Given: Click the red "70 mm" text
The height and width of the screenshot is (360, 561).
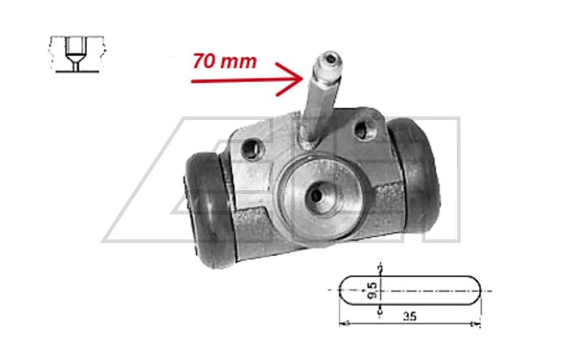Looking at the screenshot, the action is [225, 61].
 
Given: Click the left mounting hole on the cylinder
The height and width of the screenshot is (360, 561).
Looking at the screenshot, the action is [252, 149].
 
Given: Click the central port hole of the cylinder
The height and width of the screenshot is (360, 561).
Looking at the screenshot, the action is [317, 195].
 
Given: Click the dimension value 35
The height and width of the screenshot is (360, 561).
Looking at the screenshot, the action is [410, 316].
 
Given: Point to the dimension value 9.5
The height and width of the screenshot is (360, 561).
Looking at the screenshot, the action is [372, 290].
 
